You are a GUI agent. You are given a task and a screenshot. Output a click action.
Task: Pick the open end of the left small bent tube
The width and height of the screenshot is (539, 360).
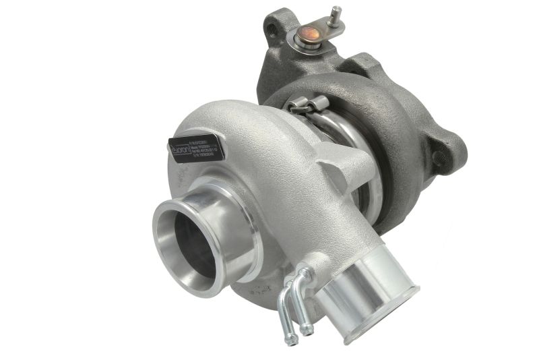tap(291, 341)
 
